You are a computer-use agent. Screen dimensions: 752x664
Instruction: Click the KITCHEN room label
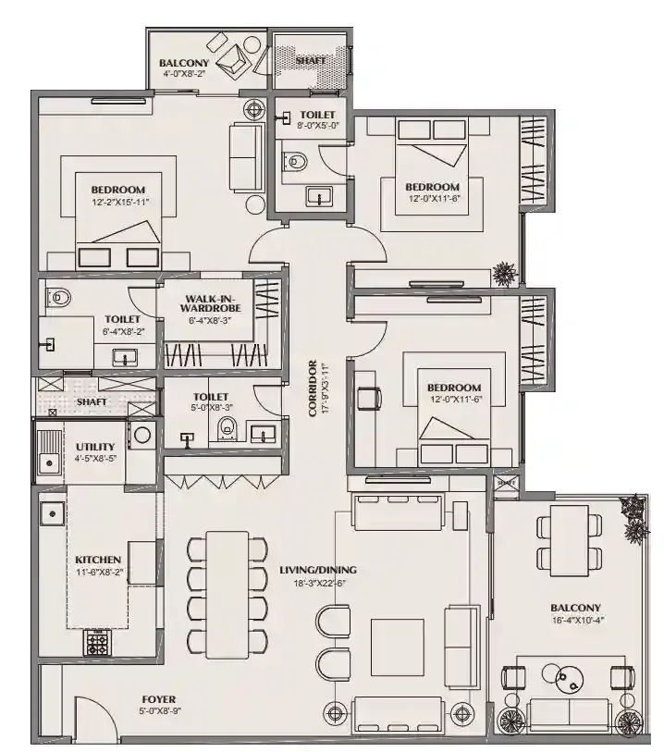click(x=98, y=560)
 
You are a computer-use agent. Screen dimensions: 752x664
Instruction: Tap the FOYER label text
click(x=157, y=698)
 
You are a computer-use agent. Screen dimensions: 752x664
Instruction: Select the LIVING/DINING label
click(x=318, y=570)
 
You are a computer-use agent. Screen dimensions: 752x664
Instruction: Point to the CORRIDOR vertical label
click(x=314, y=388)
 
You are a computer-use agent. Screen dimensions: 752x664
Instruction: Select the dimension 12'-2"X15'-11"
click(x=120, y=202)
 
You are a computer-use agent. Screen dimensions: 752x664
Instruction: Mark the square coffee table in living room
click(x=397, y=647)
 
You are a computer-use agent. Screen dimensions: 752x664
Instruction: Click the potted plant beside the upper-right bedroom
click(x=504, y=274)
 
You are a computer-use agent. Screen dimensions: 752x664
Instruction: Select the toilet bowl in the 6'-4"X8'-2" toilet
click(x=60, y=298)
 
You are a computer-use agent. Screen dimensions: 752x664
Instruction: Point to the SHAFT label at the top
click(x=309, y=60)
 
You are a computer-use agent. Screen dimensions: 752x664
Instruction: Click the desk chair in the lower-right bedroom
click(x=369, y=397)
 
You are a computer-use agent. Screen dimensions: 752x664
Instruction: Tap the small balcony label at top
click(x=185, y=63)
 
